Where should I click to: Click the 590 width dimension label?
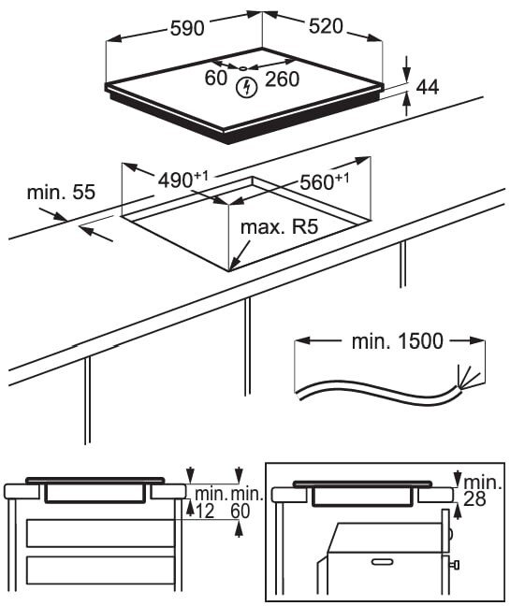click(x=187, y=29)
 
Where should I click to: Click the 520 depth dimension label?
click(x=326, y=26)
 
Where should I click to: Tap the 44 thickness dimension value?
click(x=428, y=87)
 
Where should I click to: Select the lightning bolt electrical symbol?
click(x=247, y=87)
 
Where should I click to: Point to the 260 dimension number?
click(x=283, y=79)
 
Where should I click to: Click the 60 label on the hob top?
click(x=216, y=78)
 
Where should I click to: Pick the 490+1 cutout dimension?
click(x=182, y=180)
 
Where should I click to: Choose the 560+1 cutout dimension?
click(x=324, y=181)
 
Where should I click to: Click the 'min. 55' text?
click(x=61, y=193)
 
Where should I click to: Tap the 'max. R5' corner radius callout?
click(x=279, y=227)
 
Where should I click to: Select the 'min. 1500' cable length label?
click(x=397, y=341)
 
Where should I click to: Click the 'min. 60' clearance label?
click(x=246, y=503)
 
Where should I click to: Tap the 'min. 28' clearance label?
click(x=482, y=490)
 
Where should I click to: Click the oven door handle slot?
click(x=382, y=561)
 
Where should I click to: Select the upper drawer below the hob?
click(x=100, y=533)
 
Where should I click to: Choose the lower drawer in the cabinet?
click(x=100, y=570)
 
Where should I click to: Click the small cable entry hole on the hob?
click(x=242, y=69)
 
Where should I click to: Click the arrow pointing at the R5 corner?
click(x=240, y=255)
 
